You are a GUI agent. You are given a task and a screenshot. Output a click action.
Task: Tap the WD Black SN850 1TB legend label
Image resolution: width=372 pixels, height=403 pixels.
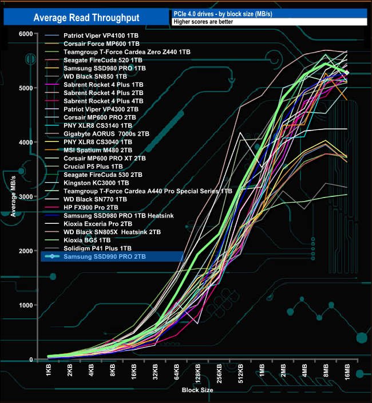[x=95, y=76]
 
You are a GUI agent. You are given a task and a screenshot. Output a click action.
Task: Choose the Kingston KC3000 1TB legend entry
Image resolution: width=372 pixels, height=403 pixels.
[x=96, y=183]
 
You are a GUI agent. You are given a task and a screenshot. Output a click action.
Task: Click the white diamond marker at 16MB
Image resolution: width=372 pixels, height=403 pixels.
[x=346, y=73]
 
